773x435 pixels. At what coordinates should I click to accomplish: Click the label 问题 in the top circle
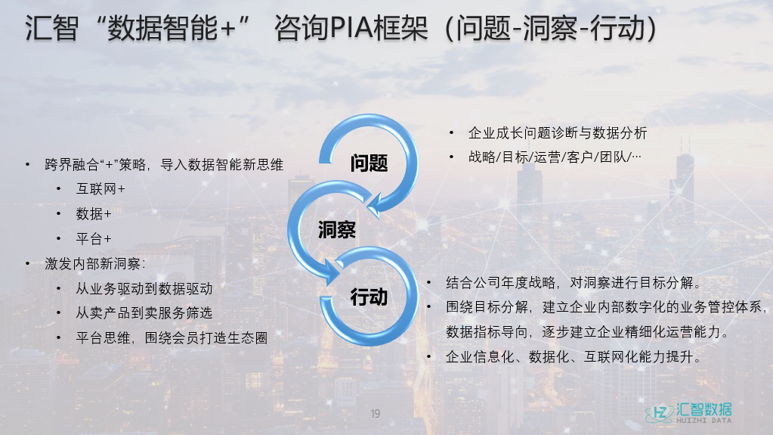(369, 163)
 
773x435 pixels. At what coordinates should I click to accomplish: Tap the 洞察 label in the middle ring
(337, 229)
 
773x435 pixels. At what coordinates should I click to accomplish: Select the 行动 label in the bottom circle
(369, 297)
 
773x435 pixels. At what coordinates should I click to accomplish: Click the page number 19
(375, 413)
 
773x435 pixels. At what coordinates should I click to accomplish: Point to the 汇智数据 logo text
(704, 409)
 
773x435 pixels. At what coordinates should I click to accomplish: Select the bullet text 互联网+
(100, 188)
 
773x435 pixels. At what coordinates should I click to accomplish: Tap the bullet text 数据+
(94, 214)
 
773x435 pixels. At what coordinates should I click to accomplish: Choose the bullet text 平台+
(94, 239)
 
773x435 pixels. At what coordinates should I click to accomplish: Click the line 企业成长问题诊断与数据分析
(558, 133)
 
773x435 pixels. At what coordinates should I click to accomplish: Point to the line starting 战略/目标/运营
(555, 157)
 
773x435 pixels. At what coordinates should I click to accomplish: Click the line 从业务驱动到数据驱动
(144, 289)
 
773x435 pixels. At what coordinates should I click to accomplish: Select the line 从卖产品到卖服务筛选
(144, 313)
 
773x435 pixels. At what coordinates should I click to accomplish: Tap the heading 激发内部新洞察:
(95, 264)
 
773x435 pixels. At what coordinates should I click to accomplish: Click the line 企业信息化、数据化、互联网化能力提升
(574, 356)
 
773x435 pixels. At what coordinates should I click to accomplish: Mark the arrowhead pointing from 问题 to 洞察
(376, 204)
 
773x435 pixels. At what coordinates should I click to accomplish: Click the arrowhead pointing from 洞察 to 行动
(329, 271)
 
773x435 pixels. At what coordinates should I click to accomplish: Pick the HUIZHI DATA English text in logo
(704, 421)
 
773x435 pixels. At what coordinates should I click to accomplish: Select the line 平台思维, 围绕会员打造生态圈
(172, 337)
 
